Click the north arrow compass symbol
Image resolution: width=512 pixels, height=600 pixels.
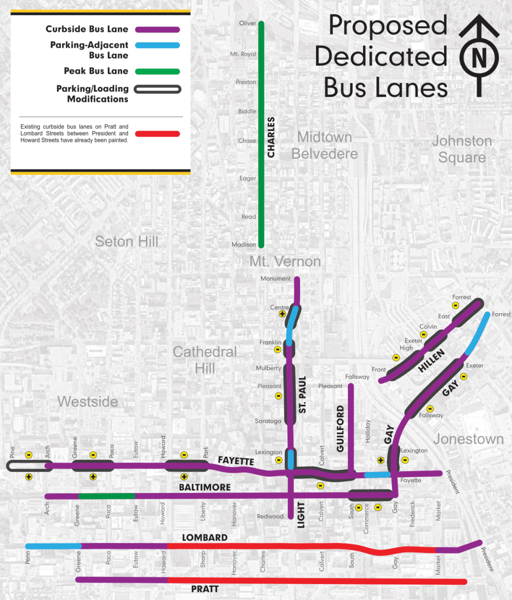tap(479, 56)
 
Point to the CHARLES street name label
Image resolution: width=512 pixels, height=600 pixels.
tap(271, 137)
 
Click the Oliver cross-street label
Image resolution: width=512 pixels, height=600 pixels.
tap(247, 24)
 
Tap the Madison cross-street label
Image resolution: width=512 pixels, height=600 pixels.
tap(243, 245)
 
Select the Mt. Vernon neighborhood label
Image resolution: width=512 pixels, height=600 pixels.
tap(285, 261)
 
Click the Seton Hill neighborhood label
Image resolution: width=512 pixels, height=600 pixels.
tap(126, 242)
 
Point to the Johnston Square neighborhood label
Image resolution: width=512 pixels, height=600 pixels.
tap(462, 149)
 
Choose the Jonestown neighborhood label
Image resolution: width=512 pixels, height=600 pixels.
tap(468, 439)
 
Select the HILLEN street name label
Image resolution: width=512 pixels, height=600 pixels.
tap(431, 361)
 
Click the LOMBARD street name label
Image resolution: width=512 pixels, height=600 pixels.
tap(204, 537)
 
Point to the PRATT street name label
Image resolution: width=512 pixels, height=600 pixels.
tap(205, 589)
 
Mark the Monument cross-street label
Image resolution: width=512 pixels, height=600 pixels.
tap(275, 279)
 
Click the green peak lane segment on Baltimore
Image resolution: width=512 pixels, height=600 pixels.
tap(106, 496)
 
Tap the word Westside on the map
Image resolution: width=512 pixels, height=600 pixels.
tap(87, 401)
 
